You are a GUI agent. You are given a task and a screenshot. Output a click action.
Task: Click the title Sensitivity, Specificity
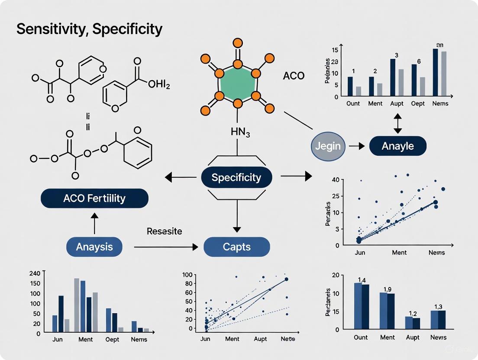[x=89, y=29]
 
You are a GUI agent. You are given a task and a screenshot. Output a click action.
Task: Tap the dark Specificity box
[x=236, y=177]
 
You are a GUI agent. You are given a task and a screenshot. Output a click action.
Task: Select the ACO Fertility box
[x=94, y=199]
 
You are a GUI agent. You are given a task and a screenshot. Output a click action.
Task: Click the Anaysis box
[x=94, y=247]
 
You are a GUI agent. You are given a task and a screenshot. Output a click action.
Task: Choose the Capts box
[x=237, y=247]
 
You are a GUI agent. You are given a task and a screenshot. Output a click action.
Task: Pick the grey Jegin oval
[x=328, y=146]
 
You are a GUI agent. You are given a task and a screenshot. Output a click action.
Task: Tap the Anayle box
[x=397, y=146]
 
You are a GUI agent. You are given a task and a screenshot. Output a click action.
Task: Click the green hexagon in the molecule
[x=237, y=83]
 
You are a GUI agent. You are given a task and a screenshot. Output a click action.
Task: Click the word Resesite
[x=164, y=231]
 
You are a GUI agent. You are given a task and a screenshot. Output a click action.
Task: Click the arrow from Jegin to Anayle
[x=356, y=146]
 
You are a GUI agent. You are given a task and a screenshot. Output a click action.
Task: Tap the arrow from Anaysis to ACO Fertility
[x=94, y=222]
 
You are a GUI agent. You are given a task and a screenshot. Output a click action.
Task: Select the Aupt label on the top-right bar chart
[x=397, y=103]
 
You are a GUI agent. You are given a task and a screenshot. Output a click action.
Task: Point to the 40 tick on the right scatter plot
[x=335, y=180]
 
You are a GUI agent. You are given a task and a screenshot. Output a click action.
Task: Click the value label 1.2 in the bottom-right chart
[x=412, y=314]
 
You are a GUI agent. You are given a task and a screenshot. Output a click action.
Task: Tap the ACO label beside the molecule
[x=294, y=76]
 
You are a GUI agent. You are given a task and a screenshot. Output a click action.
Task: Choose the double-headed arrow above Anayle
[x=397, y=123]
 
